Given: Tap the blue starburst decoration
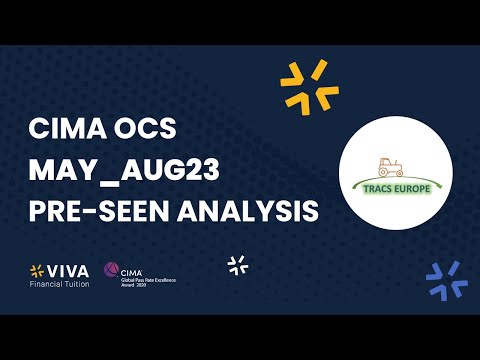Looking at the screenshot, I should point(446,278).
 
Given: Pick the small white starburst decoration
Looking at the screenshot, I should point(238,265).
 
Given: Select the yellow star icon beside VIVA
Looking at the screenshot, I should point(37,271).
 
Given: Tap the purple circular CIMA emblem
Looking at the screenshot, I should point(111,272).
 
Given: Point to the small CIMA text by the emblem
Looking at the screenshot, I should point(130,268).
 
